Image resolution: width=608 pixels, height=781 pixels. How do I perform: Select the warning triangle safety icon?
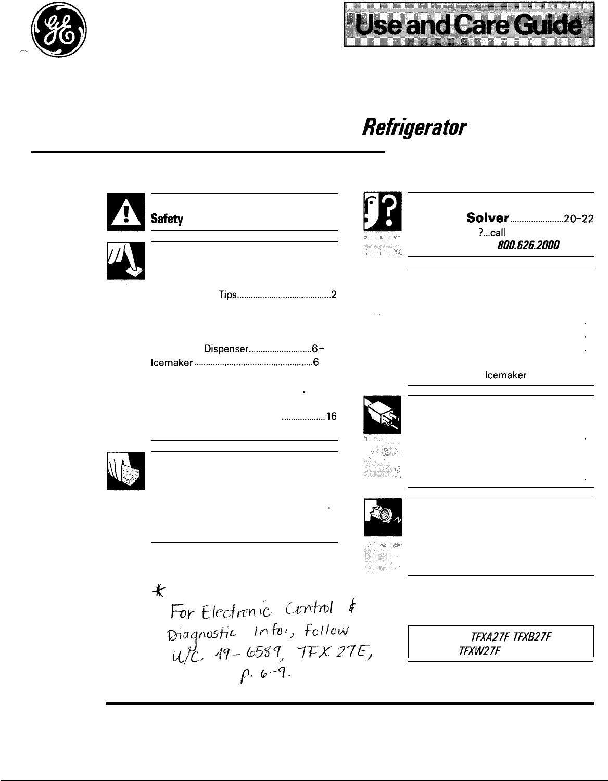(x=125, y=212)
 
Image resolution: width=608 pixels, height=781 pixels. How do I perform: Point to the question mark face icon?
(x=383, y=212)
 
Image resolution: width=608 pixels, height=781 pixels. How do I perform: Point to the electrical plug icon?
(x=383, y=415)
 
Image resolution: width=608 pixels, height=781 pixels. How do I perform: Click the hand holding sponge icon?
(x=125, y=471)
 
